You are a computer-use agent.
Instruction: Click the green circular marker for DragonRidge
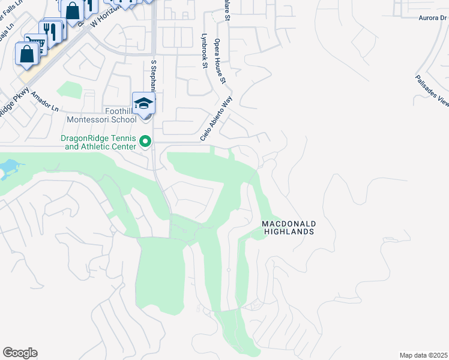145,142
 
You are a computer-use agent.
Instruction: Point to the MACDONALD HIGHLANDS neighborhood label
289,227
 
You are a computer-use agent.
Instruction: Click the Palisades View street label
432,91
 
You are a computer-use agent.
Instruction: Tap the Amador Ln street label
46,101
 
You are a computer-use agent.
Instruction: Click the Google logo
20,353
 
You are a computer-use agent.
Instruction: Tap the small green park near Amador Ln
69,90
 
